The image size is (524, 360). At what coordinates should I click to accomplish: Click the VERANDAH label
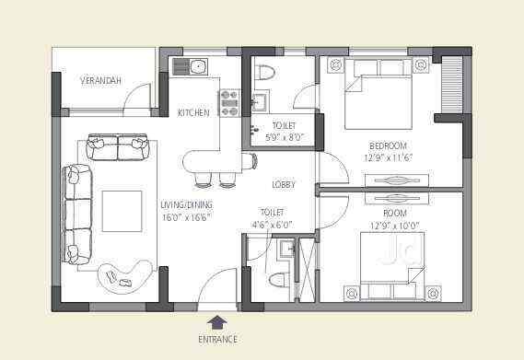pyautogui.click(x=100, y=81)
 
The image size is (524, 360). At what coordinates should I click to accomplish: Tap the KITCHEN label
pyautogui.click(x=193, y=112)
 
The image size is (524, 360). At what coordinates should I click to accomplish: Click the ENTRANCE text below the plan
pyautogui.click(x=217, y=340)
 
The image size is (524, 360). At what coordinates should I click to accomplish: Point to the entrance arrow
pyautogui.click(x=217, y=321)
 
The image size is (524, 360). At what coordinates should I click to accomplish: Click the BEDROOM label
pyautogui.click(x=387, y=146)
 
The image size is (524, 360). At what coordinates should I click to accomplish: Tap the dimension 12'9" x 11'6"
pyautogui.click(x=387, y=157)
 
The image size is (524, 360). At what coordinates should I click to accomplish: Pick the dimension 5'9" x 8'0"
pyautogui.click(x=283, y=137)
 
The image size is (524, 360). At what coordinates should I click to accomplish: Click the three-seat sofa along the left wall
pyautogui.click(x=77, y=212)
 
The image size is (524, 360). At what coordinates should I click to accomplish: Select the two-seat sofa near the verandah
pyautogui.click(x=117, y=146)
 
